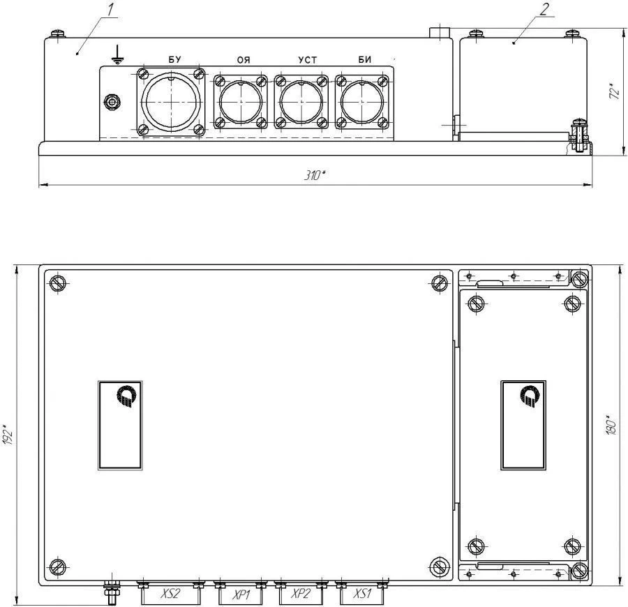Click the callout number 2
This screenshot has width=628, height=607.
click(x=544, y=8)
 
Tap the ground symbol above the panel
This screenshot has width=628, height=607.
click(x=117, y=55)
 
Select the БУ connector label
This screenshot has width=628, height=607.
click(x=174, y=60)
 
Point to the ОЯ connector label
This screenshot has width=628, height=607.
click(x=244, y=60)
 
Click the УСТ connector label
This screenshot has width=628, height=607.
click(x=308, y=60)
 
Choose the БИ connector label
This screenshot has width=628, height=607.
click(x=365, y=60)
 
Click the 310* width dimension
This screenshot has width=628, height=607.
click(x=314, y=175)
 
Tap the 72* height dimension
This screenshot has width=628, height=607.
click(x=613, y=91)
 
